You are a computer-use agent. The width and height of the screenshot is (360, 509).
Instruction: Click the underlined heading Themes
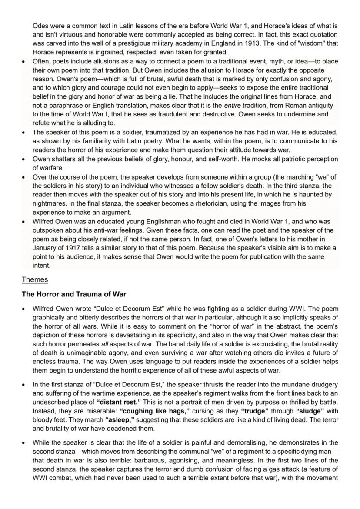[35, 280]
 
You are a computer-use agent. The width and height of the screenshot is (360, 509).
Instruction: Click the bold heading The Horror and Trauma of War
[74, 294]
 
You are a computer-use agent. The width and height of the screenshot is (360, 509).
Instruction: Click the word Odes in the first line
[40, 26]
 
